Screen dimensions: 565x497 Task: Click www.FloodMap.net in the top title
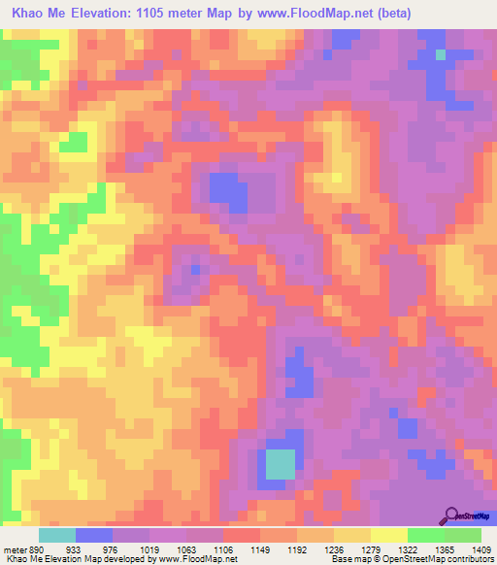coord(326,14)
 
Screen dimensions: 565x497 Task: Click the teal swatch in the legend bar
coord(56,535)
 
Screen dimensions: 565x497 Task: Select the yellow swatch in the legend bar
coord(388,535)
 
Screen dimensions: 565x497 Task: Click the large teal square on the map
coord(281,464)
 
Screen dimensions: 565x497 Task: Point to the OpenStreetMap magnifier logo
coord(452,515)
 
